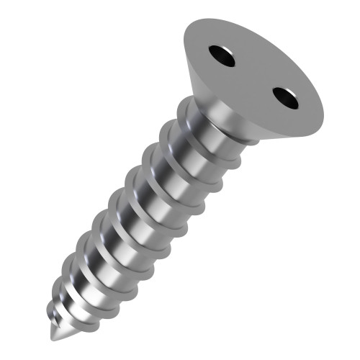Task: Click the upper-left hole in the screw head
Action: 222,55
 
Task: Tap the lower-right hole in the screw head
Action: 286,97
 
